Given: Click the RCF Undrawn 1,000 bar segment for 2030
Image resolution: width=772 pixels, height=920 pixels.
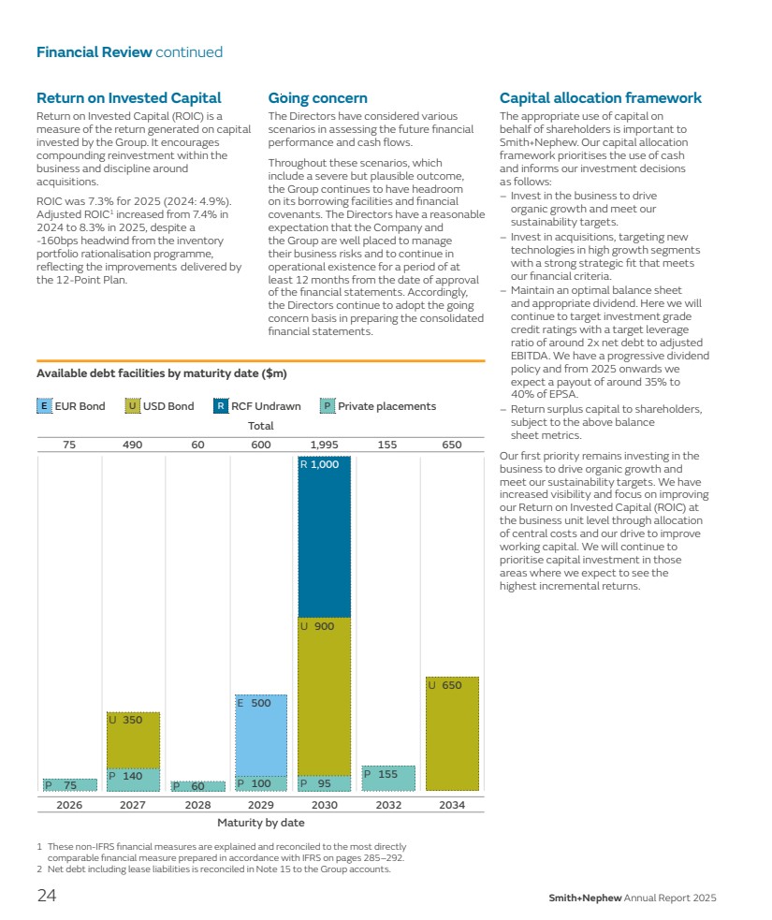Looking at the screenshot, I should [x=324, y=536].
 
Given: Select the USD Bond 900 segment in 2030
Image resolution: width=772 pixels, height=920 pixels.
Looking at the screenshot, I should [x=324, y=696].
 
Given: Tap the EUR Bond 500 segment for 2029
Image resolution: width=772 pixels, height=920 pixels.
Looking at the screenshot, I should [x=260, y=735].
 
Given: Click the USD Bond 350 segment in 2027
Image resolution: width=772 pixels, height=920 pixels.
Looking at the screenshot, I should [x=133, y=740].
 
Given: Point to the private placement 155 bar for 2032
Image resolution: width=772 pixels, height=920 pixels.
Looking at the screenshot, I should [x=388, y=779].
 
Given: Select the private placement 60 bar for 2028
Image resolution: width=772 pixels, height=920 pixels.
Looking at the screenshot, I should [x=197, y=786].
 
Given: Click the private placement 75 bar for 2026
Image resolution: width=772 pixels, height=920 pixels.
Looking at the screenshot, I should [x=69, y=785].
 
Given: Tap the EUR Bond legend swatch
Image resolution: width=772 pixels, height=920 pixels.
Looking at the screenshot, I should [x=44, y=406].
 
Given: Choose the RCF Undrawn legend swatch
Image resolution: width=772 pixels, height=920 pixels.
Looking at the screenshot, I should [x=220, y=406].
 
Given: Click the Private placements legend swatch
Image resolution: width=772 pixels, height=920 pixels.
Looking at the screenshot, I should [x=327, y=406].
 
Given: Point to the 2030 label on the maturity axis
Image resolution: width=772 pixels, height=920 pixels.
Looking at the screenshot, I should [x=324, y=805].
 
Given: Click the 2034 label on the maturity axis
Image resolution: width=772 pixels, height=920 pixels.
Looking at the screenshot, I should [x=452, y=805].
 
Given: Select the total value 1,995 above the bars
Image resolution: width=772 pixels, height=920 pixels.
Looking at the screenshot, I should [x=324, y=445].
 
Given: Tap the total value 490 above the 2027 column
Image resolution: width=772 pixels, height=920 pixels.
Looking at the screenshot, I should [x=133, y=445].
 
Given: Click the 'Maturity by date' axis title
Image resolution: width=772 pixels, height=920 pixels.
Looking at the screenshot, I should [x=260, y=823].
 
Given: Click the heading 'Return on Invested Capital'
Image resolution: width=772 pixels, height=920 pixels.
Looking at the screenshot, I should [x=128, y=98].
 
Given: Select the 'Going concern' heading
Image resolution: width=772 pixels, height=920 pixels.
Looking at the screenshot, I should [x=317, y=98].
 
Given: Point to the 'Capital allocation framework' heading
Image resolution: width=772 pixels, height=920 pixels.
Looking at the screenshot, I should [x=600, y=98].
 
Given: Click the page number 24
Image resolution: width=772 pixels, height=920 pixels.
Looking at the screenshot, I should [x=47, y=897].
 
